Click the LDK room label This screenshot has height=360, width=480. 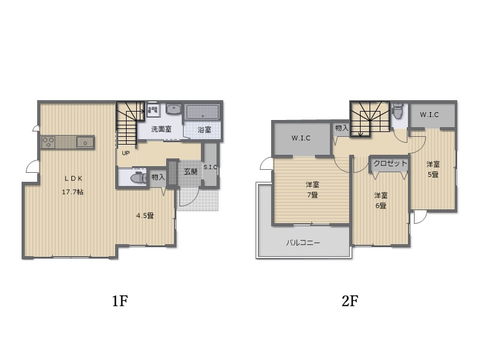coord(73,178)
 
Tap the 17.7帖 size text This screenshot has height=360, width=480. coord(73,192)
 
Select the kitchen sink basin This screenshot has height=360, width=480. coord(85,143)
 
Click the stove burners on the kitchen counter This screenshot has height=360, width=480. coord(49,143)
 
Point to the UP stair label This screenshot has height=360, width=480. coord(126,153)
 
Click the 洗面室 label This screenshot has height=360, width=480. coord(161,129)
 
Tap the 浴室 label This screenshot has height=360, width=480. coord(204,130)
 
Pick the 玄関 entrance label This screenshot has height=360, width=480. coord(190,172)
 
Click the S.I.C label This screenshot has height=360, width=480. coord(211,167)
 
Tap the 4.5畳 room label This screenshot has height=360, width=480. coord(145,215)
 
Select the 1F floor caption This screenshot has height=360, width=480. coord(119,301)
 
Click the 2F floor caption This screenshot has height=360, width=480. coord(350,301)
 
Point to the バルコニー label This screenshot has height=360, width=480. coord(303,243)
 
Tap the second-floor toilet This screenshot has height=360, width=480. coord(398,110)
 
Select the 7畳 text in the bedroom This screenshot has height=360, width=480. coord(312,195)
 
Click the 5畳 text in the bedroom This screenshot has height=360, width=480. coord(433,175)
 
